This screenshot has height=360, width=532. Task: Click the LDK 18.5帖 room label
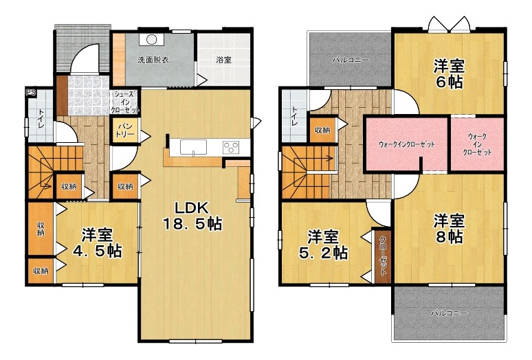(x=192, y=216)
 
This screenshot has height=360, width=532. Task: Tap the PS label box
(x=31, y=92)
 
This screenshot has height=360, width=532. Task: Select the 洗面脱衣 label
(x=153, y=60)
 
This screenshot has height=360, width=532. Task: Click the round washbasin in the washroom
(x=151, y=39)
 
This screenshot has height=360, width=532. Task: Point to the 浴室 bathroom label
(x=224, y=60)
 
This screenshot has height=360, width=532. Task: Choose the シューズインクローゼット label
(x=125, y=102)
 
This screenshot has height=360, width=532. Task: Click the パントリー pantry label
(x=125, y=130)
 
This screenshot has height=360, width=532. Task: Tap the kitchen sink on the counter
(x=193, y=148)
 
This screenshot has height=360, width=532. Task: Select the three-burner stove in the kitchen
(x=232, y=148)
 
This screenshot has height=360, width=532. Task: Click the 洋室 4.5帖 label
(x=98, y=243)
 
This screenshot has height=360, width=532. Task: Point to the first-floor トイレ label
(x=41, y=118)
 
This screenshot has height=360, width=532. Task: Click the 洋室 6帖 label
(x=449, y=74)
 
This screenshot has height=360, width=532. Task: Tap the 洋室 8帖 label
(x=449, y=229)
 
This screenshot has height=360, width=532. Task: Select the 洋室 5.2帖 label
(x=322, y=245)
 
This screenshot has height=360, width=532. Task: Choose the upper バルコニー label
(x=350, y=60)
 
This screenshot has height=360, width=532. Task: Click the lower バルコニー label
(x=450, y=313)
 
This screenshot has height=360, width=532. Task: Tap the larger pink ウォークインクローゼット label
(x=406, y=144)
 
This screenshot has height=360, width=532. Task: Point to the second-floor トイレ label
(x=294, y=116)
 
